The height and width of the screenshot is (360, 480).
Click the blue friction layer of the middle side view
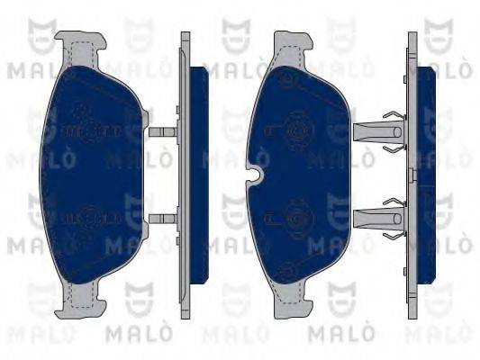coord(199,175)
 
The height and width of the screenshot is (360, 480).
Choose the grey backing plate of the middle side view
coord(186,175)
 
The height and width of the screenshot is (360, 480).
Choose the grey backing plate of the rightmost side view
coord(412,175)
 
